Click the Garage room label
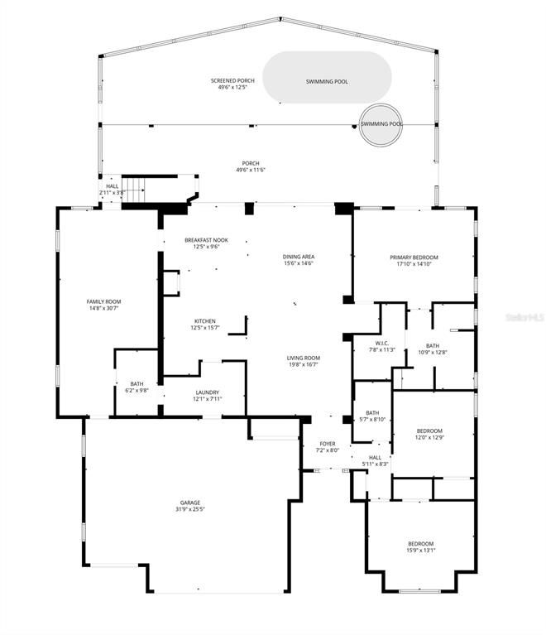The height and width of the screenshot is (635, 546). click(x=191, y=502)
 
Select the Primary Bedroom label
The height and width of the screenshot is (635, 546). click(x=414, y=257)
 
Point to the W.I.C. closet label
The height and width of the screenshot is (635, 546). click(x=381, y=343)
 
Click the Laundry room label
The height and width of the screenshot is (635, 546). click(x=207, y=392)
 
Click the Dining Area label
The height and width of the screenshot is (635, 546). click(x=299, y=257)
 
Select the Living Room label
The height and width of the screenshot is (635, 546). click(x=304, y=358)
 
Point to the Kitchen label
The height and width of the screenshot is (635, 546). click(x=204, y=321)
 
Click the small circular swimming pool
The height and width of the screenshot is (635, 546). click(x=381, y=124)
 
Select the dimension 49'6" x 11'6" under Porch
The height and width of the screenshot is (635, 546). click(x=251, y=170)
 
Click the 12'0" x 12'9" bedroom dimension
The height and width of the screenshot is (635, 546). click(x=429, y=437)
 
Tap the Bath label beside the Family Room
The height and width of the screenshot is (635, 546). click(x=136, y=383)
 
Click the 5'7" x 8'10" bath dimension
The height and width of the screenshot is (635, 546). click(x=372, y=420)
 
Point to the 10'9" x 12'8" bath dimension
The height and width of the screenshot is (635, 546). click(x=433, y=352)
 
